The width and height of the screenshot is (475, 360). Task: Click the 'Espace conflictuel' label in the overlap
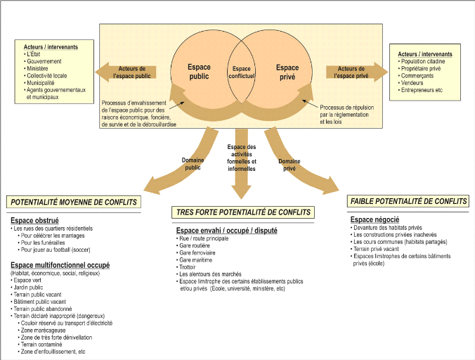[x=241, y=72]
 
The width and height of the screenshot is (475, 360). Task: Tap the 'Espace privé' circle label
[x=287, y=72]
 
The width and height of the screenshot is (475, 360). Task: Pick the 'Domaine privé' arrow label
[x=289, y=164]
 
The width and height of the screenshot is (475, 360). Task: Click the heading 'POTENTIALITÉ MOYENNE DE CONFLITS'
[x=73, y=202]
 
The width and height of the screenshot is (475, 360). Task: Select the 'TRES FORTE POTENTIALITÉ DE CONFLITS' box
[x=242, y=212]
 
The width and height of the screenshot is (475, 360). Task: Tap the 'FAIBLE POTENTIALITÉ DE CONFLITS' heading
[x=408, y=201]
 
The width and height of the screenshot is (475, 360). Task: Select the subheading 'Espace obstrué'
[x=34, y=220]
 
